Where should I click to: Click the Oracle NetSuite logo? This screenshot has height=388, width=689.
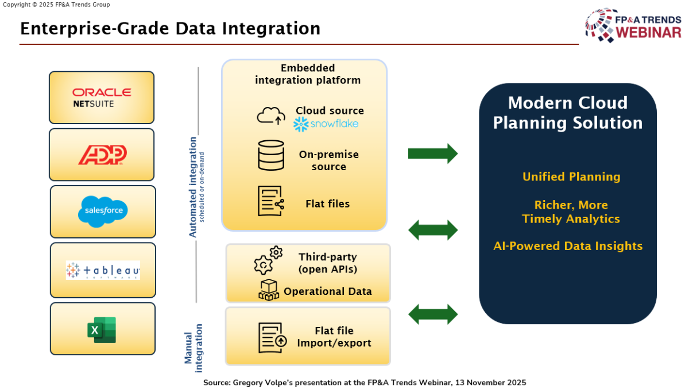[102, 97]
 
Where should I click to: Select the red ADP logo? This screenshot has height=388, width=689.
[102, 155]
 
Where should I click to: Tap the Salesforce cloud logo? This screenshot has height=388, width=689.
[103, 210]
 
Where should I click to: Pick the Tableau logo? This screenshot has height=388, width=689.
[103, 270]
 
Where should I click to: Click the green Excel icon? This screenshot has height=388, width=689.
[102, 330]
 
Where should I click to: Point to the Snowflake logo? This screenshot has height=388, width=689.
[326, 124]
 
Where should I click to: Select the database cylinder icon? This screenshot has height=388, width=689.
[271, 155]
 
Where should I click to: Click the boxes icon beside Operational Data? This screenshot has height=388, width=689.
[268, 290]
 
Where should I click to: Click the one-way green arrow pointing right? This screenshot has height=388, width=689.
[432, 153]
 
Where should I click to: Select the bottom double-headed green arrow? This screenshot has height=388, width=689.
[432, 314]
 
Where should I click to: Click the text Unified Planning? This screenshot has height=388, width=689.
[571, 177]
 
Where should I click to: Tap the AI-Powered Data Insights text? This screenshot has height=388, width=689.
[568, 246]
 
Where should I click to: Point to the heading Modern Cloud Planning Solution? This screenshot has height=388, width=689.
[568, 113]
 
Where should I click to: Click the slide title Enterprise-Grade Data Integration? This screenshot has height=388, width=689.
[170, 28]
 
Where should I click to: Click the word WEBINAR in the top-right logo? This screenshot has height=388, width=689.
[648, 33]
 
